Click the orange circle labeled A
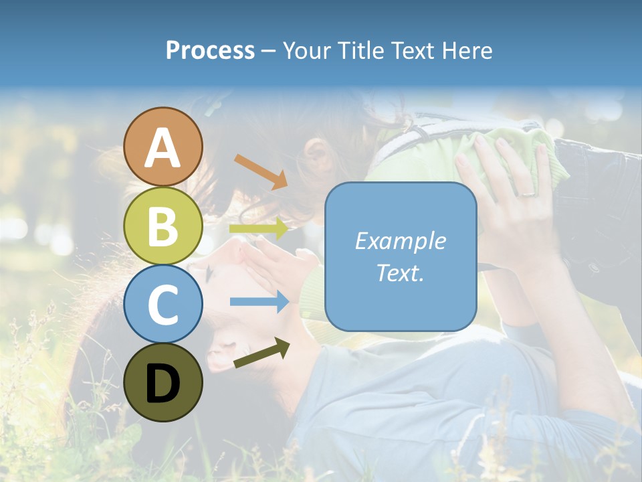pos(163,147)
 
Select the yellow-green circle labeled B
pos(163,226)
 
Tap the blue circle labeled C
pos(163,304)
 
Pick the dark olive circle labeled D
pos(163,382)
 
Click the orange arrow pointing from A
pos(261,171)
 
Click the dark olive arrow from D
pos(261,353)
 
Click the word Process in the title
pos(210,50)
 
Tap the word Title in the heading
pos(358,50)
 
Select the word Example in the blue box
pos(400,241)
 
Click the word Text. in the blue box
pos(400,272)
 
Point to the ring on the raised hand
pos(528,193)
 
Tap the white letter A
pos(163,148)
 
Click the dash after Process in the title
pos(269,51)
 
